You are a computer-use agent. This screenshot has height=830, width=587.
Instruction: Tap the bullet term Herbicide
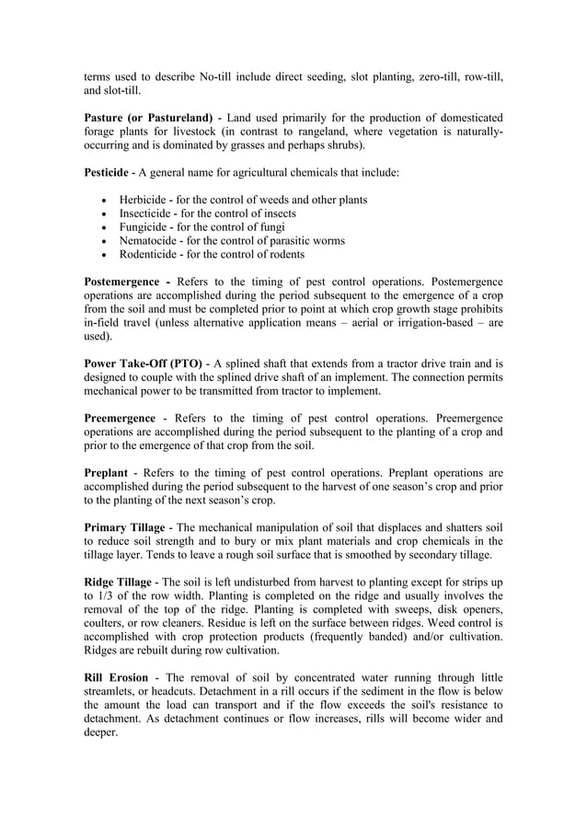click(x=146, y=200)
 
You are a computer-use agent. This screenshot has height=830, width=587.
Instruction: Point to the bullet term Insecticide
click(x=148, y=213)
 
